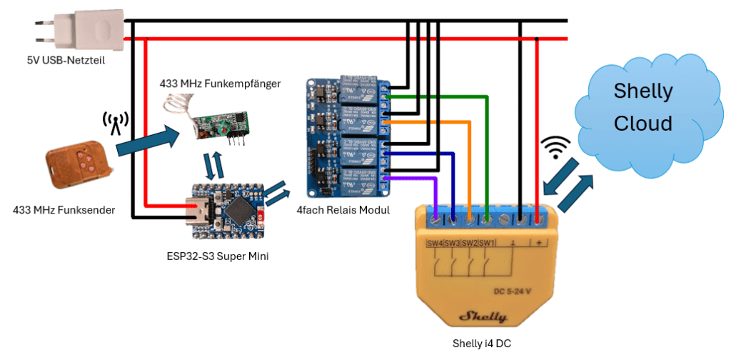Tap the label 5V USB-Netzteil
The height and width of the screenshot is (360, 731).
coord(66,60)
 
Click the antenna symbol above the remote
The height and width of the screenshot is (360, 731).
coord(114,124)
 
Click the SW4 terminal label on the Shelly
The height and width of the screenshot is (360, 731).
coord(434,244)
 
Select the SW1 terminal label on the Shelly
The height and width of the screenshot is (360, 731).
coord(486,244)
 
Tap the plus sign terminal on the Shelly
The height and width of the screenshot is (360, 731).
coord(537,243)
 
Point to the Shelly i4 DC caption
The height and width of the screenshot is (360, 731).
coord(482,344)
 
